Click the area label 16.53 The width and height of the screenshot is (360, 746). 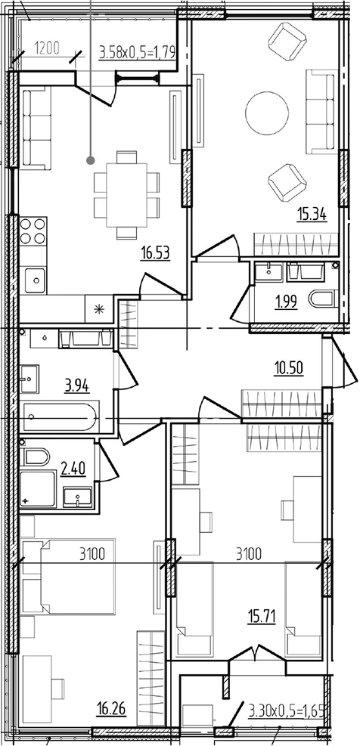click(155, 253)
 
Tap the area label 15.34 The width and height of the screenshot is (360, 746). click(312, 215)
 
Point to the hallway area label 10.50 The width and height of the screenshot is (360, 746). click(289, 368)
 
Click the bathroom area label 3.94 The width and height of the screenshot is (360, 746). click(77, 385)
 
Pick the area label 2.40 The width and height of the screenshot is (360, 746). click(73, 469)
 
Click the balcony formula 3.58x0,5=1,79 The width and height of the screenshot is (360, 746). click(138, 51)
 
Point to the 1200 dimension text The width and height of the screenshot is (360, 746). click(47, 48)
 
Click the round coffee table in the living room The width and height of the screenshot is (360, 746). click(267, 113)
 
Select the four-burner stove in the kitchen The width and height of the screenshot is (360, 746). click(33, 231)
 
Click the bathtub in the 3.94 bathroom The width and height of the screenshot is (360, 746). click(60, 416)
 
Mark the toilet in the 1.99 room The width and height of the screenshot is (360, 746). click(324, 299)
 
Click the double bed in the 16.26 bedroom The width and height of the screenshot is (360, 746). click(78, 576)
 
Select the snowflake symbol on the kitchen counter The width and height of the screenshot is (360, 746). click(99, 309)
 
